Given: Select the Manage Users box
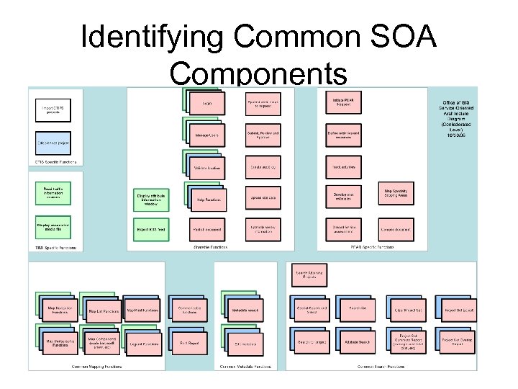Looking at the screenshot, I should (207, 135).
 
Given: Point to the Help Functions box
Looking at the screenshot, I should (207, 200).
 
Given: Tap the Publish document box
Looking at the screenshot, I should (207, 229).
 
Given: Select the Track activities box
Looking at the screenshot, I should (342, 166).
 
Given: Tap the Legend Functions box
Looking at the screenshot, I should (145, 344).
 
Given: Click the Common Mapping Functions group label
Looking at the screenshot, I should (97, 366).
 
